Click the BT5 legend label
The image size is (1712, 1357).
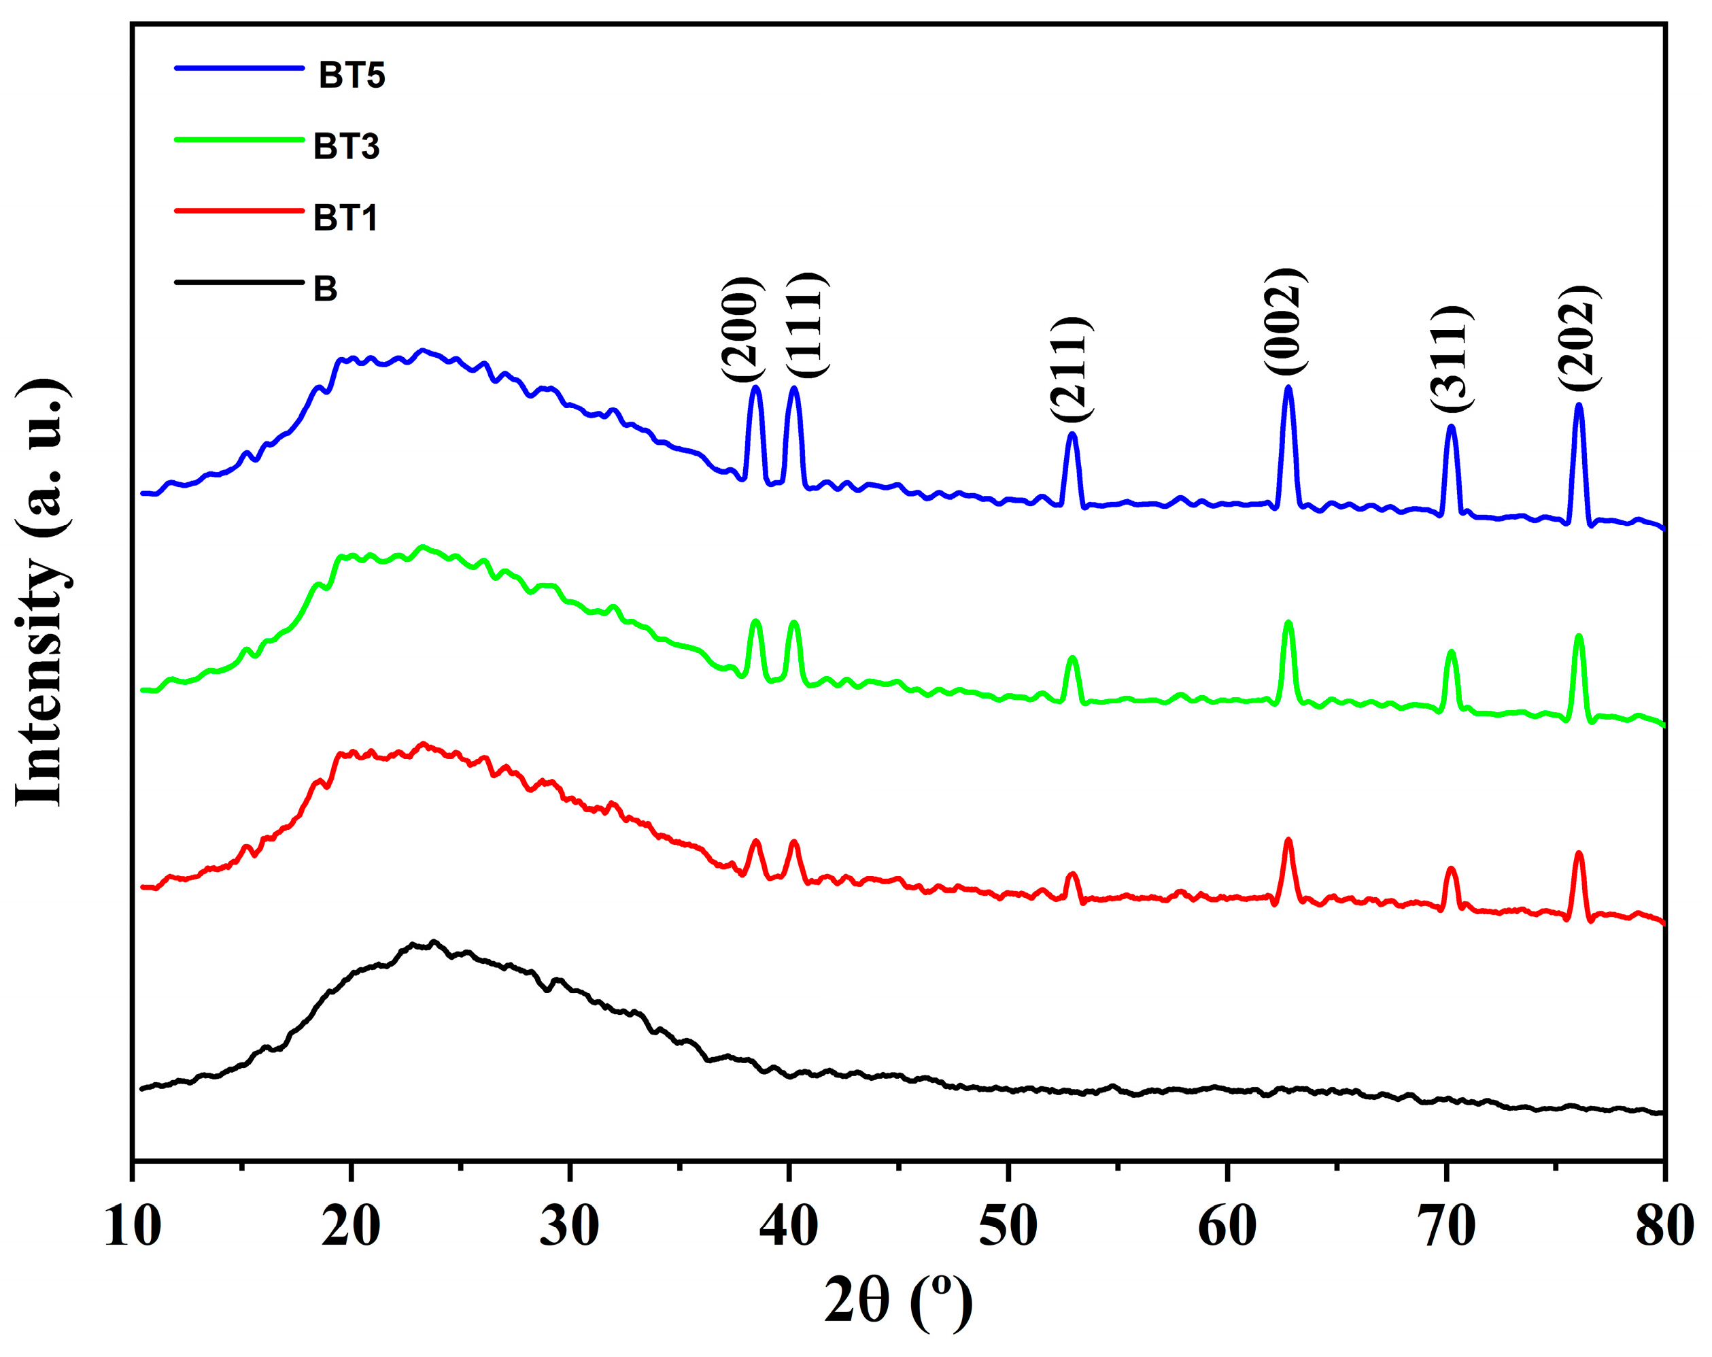coord(352,76)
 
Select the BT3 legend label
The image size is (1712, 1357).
coord(346,147)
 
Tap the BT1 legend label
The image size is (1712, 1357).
coord(345,218)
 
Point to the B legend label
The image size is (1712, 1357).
coord(326,288)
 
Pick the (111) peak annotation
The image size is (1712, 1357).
coord(808,324)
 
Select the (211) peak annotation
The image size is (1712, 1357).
coord(1072,369)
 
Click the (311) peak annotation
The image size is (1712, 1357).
coord(1452,358)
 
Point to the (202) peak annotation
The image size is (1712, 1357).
coord(1579,337)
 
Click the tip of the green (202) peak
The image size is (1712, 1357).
coord(1579,635)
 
